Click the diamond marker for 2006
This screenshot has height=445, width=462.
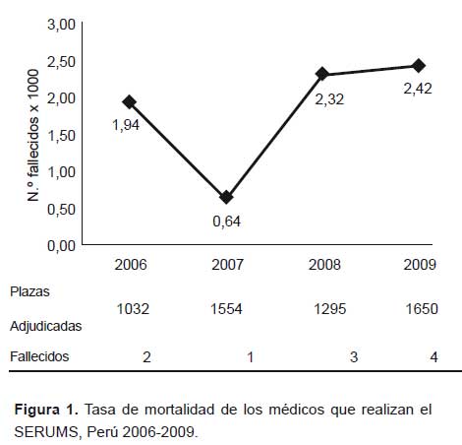coord(130,102)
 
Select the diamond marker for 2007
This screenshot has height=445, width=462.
coord(226,197)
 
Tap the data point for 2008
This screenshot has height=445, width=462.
coord(322,74)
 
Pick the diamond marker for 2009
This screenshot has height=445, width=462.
coord(419,66)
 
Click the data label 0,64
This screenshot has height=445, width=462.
coord(227,222)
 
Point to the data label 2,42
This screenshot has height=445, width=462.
coord(418,89)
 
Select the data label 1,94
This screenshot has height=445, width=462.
coord(126,125)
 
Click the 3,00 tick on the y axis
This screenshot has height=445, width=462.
coord(62,25)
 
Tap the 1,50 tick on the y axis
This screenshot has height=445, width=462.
coord(62,136)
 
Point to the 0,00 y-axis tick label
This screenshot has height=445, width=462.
coord(62,246)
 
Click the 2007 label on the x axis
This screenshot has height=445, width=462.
coord(227,265)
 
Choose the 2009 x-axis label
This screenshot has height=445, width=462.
coord(420,265)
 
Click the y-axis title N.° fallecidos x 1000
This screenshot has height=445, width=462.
coord(33,135)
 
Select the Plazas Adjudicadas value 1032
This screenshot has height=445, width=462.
coord(133,309)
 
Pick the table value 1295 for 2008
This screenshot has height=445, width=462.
coord(330,309)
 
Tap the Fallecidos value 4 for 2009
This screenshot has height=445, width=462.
coord(433,357)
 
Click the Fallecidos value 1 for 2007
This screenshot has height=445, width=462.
coord(251,357)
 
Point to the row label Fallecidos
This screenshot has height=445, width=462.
coord(39,356)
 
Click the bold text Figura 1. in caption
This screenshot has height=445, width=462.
coord(46,410)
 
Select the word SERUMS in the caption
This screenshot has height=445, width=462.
coord(46,432)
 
